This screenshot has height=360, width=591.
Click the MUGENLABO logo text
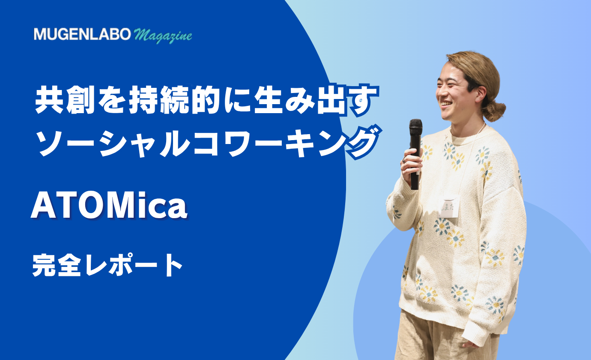click(82, 34)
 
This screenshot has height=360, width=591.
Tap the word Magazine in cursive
click(163, 36)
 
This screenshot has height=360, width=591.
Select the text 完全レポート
click(107, 265)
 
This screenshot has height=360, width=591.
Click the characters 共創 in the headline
click(65, 101)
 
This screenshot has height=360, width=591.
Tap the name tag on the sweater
click(448, 207)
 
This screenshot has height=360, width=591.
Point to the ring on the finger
click(404, 159)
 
